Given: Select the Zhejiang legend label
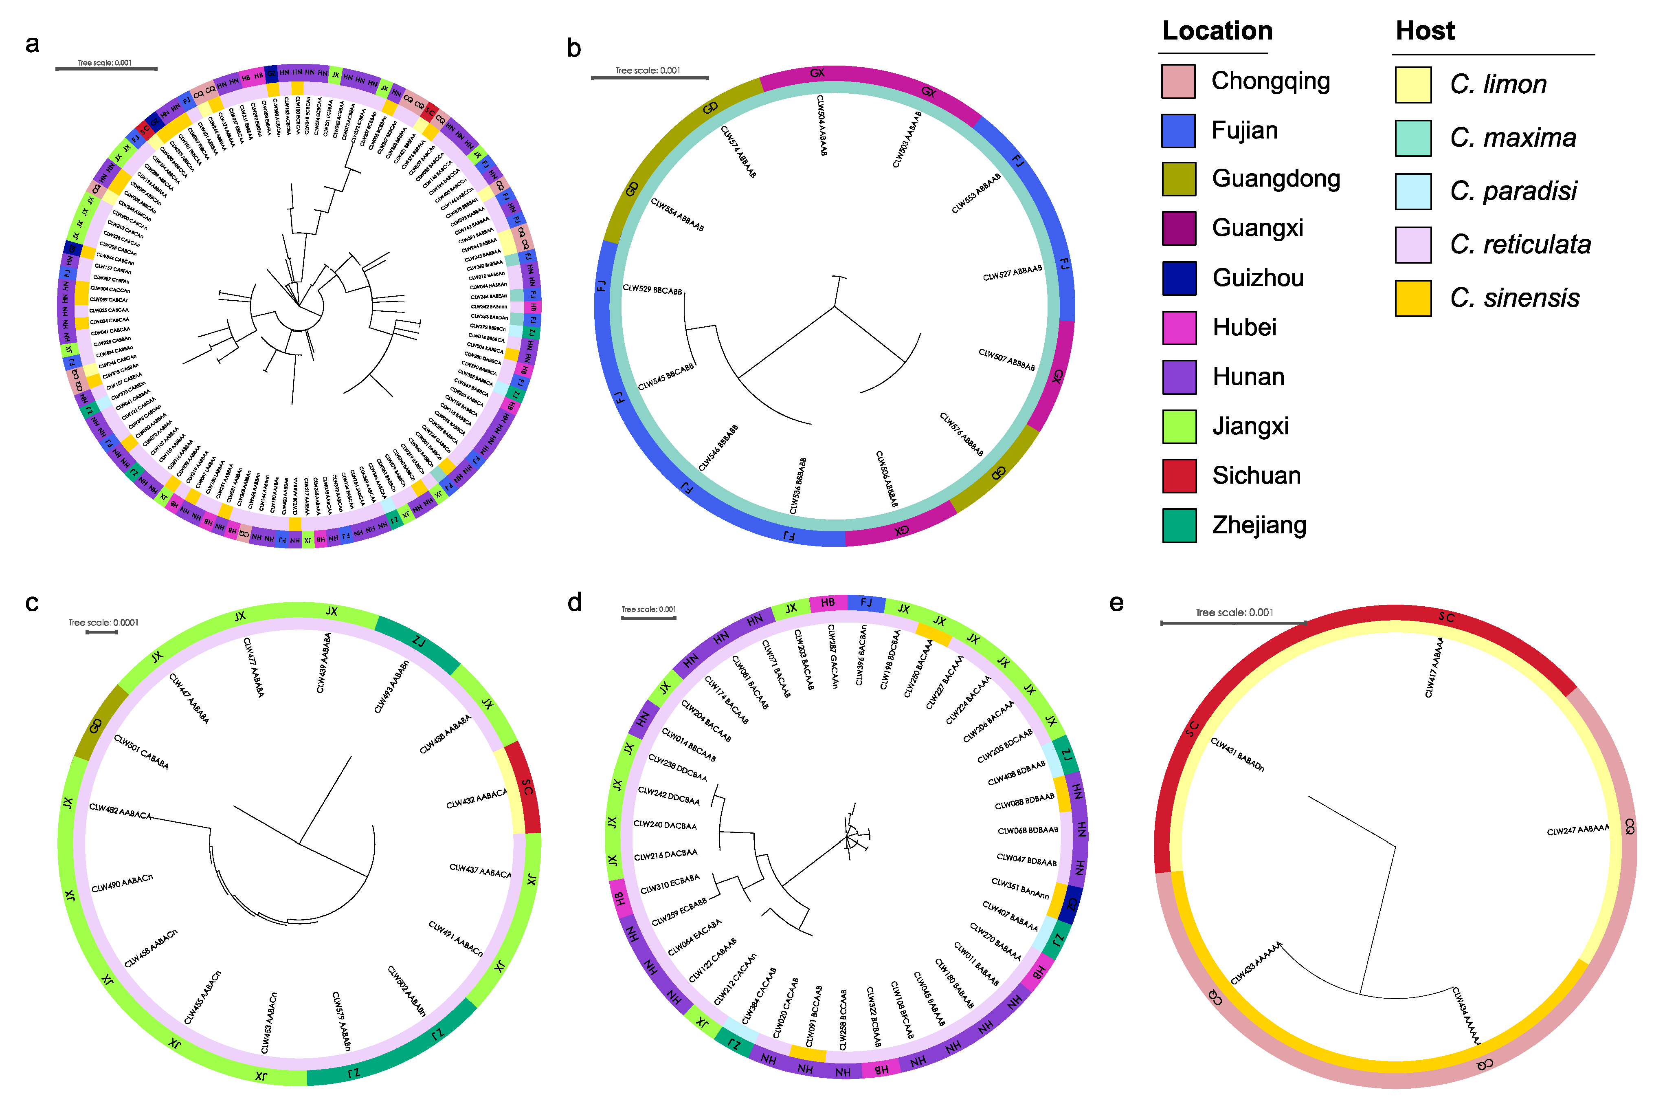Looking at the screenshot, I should [x=1259, y=525].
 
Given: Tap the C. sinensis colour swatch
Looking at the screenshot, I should [x=1413, y=298].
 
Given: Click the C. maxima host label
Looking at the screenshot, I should [x=1512, y=137].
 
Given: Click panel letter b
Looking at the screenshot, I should [x=574, y=48].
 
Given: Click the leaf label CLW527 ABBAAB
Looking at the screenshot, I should [x=1012, y=273].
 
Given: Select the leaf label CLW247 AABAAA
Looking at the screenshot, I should [x=1578, y=830].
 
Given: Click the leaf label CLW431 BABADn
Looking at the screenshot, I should [x=1237, y=754].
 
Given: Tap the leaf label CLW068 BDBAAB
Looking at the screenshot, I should [x=1028, y=830].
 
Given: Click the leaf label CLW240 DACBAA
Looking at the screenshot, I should [x=665, y=825].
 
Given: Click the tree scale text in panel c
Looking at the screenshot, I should [x=103, y=622].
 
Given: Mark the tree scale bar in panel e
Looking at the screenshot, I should [x=1233, y=623].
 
